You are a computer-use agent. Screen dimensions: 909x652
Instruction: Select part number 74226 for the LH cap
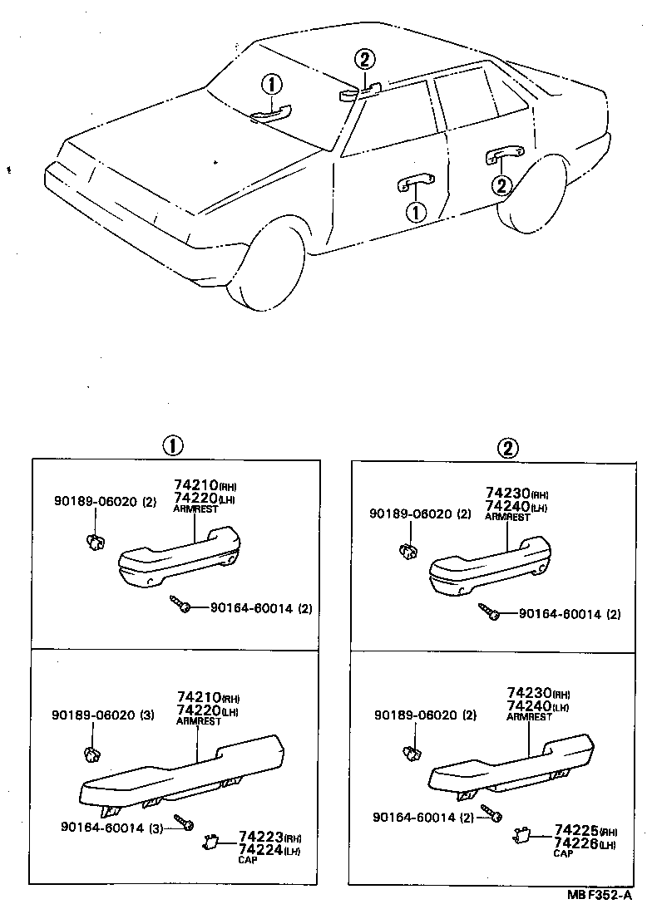[x=572, y=843]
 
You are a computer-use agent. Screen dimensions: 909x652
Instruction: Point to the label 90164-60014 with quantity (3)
[x=112, y=826]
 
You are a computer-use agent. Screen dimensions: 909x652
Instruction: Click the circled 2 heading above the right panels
[x=507, y=448]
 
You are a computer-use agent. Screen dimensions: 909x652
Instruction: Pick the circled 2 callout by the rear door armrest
[x=501, y=185]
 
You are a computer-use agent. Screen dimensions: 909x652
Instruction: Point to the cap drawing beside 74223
[x=210, y=842]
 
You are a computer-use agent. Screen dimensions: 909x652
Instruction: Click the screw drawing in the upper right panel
[x=489, y=612]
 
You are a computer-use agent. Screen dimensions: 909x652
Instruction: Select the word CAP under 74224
[x=248, y=859]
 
